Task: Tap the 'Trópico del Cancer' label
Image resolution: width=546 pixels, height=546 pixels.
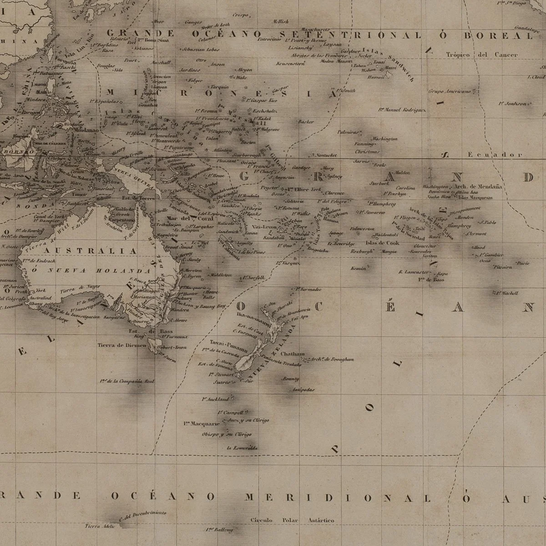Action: tap(481, 55)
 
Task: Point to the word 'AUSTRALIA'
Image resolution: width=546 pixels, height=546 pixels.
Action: tap(90, 251)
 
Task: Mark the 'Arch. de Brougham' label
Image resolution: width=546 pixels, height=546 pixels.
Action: tap(333, 359)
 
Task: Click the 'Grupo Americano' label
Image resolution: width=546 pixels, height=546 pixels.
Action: tap(449, 91)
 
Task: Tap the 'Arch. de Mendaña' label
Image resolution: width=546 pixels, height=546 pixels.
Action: tap(481, 187)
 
